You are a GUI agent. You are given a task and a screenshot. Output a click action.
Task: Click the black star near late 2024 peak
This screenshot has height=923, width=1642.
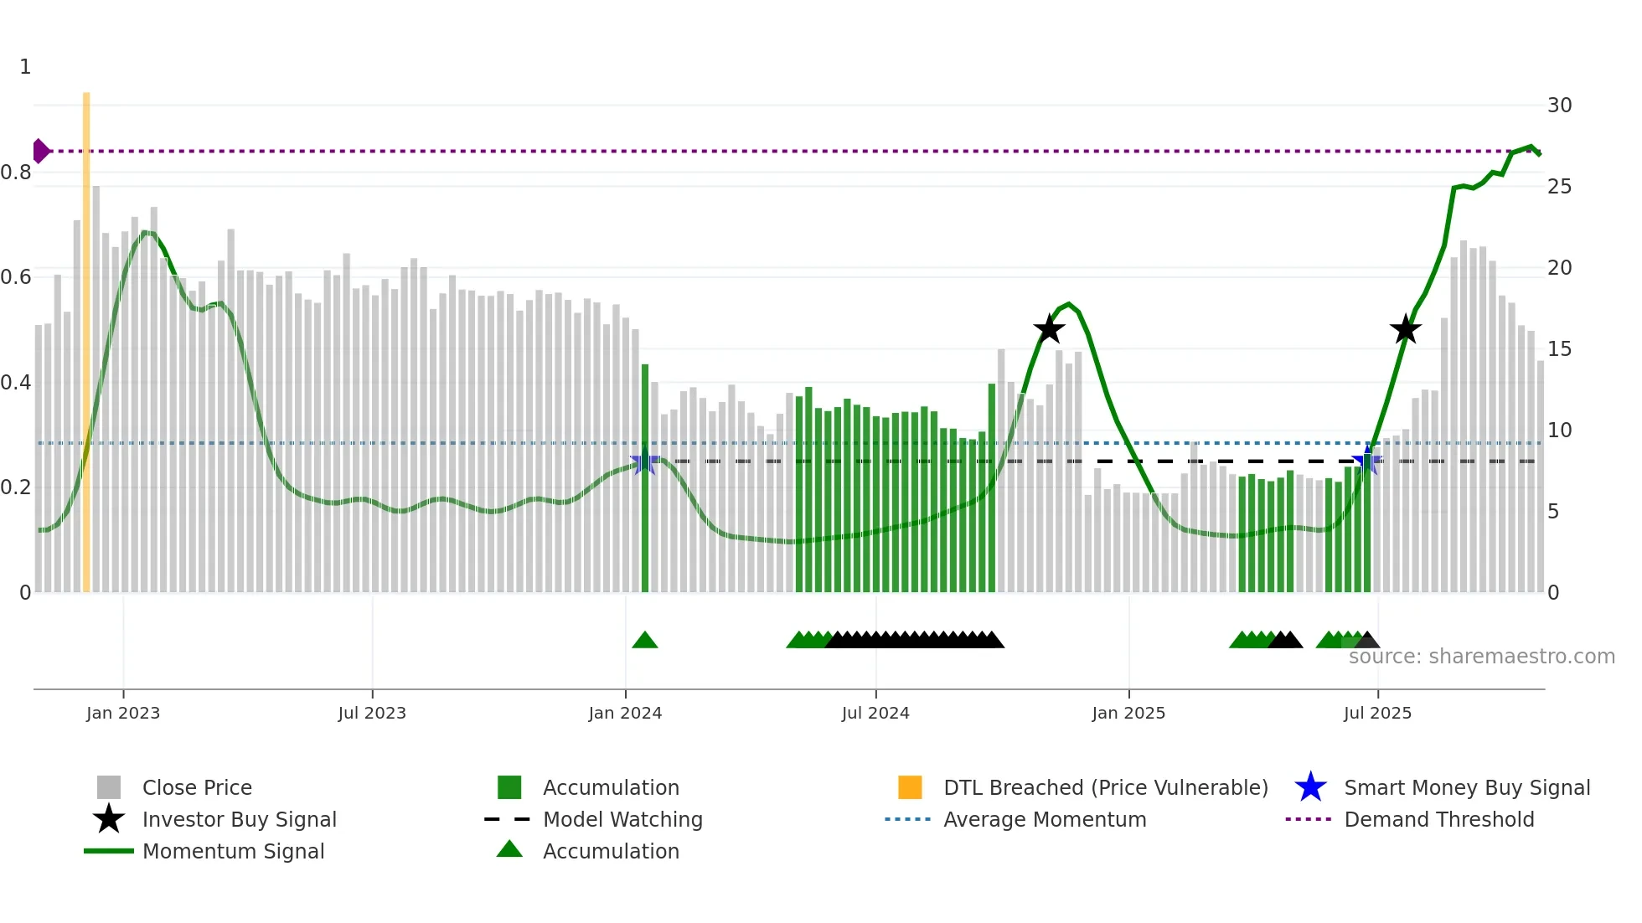pyautogui.click(x=1049, y=329)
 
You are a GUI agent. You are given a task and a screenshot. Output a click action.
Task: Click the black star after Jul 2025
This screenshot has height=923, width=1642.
pyautogui.click(x=1406, y=329)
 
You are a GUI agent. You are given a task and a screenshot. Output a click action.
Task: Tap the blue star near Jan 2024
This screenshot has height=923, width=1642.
pyautogui.click(x=644, y=461)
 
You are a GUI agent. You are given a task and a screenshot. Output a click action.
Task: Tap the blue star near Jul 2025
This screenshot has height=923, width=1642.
pyautogui.click(x=1367, y=460)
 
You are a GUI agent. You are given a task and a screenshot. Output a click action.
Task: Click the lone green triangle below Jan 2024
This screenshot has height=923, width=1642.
pyautogui.click(x=644, y=641)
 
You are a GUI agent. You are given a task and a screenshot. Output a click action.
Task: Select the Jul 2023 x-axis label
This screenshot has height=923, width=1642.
pyautogui.click(x=372, y=714)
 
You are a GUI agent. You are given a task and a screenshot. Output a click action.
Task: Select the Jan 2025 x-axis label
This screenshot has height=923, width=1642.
pyautogui.click(x=1128, y=714)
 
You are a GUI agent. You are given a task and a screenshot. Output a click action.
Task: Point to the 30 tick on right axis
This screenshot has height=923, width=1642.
pyautogui.click(x=1559, y=106)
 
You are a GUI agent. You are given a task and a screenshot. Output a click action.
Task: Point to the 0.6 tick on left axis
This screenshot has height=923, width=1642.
pyautogui.click(x=17, y=277)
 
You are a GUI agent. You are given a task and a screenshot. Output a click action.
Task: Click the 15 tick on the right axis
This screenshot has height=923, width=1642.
pyautogui.click(x=1559, y=349)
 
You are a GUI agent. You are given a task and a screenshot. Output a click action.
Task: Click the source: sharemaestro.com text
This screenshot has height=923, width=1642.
pyautogui.click(x=1481, y=657)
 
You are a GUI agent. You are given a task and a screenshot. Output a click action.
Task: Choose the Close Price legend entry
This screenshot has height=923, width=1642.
pyautogui.click(x=196, y=788)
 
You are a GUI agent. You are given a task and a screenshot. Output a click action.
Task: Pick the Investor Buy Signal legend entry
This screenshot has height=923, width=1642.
pyautogui.click(x=239, y=820)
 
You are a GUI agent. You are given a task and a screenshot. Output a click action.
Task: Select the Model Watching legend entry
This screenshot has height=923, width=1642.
pyautogui.click(x=622, y=820)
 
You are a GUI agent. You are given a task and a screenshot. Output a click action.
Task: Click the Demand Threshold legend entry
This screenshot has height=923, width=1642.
pyautogui.click(x=1438, y=820)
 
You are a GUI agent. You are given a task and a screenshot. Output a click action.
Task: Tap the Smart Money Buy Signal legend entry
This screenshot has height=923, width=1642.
pyautogui.click(x=1466, y=788)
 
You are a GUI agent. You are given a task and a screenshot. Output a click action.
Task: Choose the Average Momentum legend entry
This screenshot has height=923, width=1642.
pyautogui.click(x=1044, y=820)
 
